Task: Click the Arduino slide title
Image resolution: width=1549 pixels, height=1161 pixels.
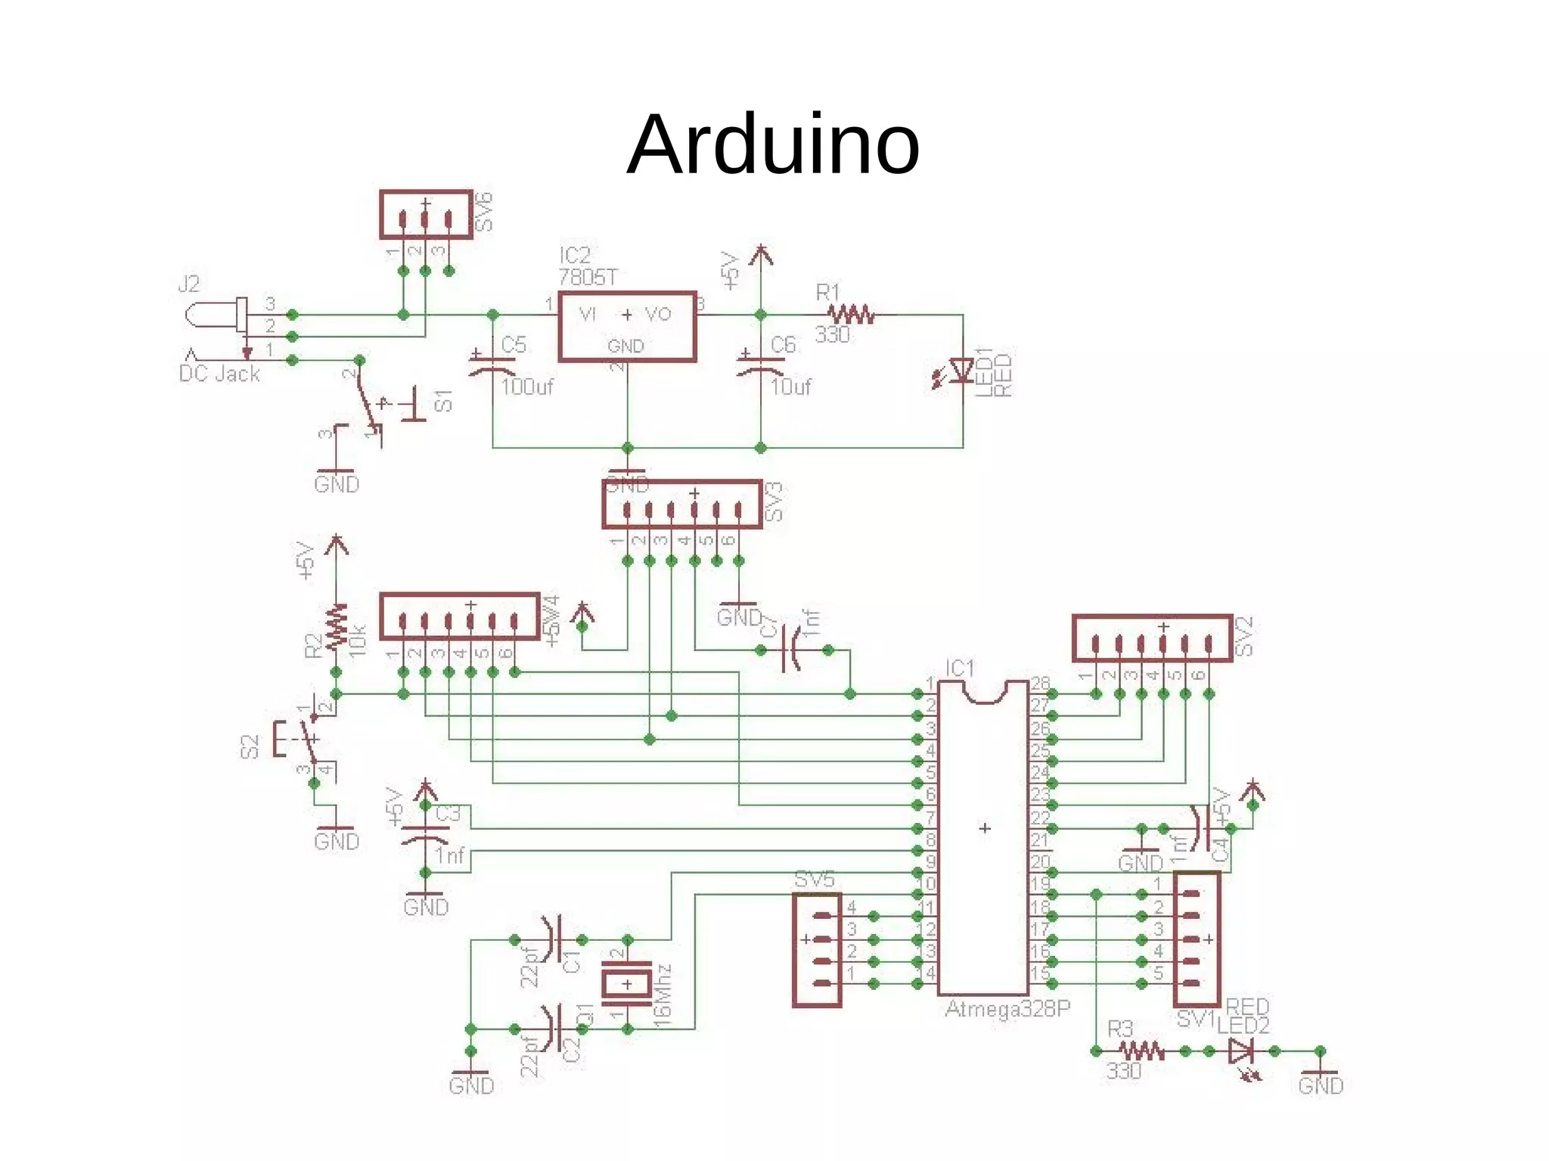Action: pos(773,144)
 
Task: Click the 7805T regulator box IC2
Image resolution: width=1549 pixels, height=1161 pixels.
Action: pos(627,327)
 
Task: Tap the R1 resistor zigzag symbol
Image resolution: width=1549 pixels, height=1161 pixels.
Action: pos(852,314)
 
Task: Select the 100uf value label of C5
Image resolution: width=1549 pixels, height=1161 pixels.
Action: pos(526,387)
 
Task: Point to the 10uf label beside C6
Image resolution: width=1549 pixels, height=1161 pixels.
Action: pos(790,387)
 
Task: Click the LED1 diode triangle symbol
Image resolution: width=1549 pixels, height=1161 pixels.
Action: pos(961,371)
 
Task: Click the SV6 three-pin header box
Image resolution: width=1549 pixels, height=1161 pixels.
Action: pos(426,215)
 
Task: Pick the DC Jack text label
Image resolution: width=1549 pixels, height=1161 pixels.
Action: pos(219,374)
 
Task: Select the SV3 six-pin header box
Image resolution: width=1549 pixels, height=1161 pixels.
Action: pos(681,504)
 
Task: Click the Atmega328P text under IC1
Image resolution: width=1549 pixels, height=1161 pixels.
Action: pos(1007,1009)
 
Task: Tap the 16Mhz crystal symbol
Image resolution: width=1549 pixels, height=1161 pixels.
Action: pos(626,984)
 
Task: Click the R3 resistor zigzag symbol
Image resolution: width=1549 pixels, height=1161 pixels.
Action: pos(1141,1051)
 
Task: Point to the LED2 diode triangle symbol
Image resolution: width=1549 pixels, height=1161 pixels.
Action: pos(1240,1051)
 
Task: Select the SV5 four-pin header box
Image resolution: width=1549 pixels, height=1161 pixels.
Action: pos(817,950)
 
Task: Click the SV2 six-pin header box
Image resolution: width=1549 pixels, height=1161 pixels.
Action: pos(1151,638)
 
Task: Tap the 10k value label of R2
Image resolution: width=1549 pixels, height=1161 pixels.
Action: pos(358,641)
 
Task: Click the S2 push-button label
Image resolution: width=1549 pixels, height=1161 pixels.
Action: pos(250,747)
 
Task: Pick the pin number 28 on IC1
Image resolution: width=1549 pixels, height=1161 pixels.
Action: pos(1040,683)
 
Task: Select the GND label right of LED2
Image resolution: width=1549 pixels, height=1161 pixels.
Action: pos(1321,1086)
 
